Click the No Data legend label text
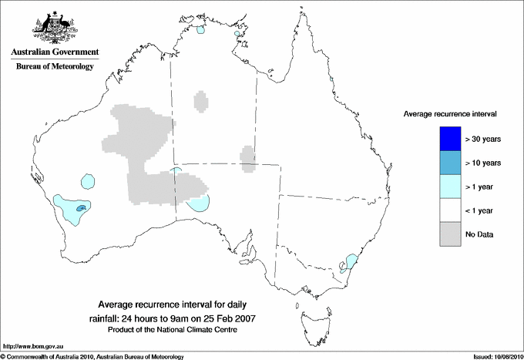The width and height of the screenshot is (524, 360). point(479,234)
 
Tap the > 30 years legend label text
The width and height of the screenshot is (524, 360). point(483,139)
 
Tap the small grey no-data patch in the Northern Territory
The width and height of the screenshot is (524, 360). point(201,102)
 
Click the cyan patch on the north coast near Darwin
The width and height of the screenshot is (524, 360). point(200,32)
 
